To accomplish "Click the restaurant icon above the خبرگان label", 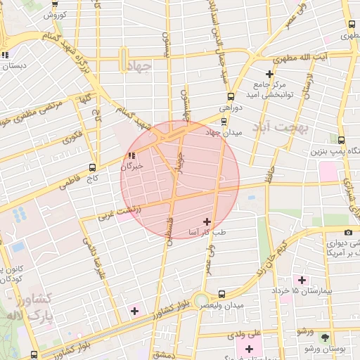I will pyautogui.click(x=131, y=156).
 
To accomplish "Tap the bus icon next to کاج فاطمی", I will pyautogui.click(x=92, y=168).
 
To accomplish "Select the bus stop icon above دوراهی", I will pyautogui.click(x=230, y=97).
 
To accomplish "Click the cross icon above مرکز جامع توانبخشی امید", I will pyautogui.click(x=269, y=74).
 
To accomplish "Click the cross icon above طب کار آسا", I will pyautogui.click(x=207, y=221).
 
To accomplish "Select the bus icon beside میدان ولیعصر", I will pyautogui.click(x=222, y=295).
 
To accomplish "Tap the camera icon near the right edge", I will pyautogui.click(x=348, y=232).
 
